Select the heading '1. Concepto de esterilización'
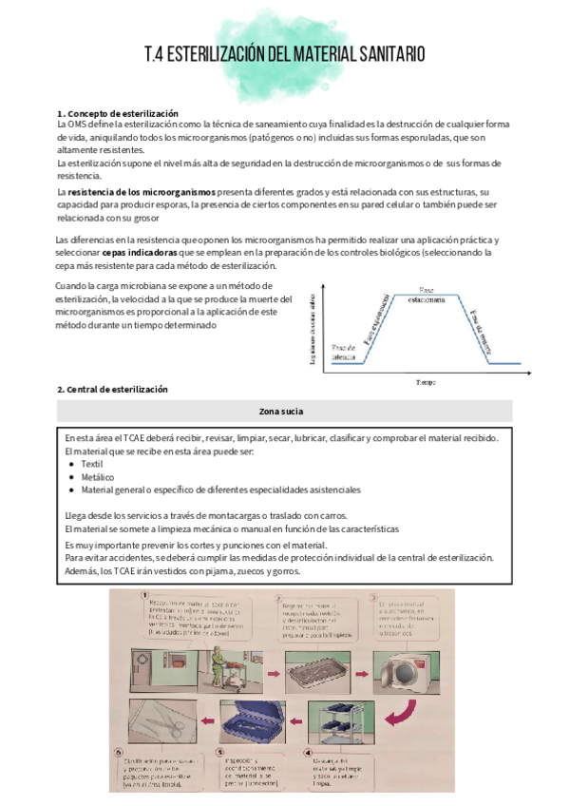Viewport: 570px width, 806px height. click(118, 114)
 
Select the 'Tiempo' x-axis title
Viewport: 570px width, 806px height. click(425, 382)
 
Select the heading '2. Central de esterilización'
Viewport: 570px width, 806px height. click(112, 390)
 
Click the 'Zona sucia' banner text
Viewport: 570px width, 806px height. click(284, 411)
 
